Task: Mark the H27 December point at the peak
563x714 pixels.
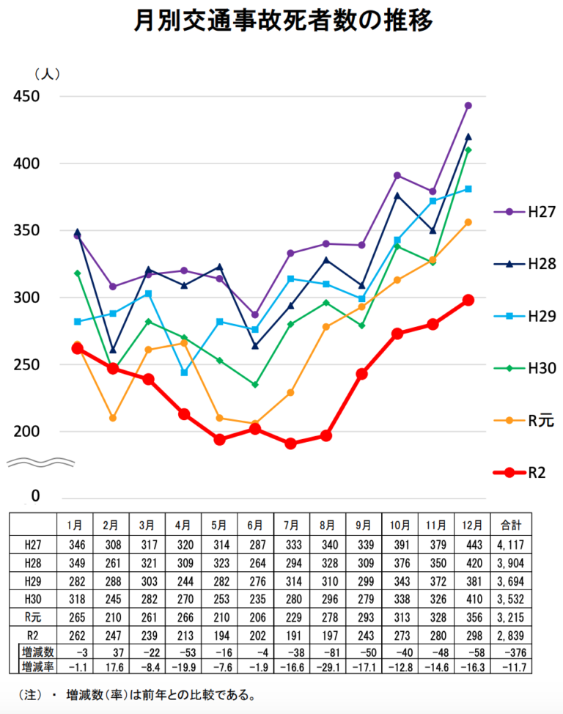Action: coord(468,106)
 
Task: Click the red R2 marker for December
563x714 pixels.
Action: coord(468,300)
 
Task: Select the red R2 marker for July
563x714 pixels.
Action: coord(291,444)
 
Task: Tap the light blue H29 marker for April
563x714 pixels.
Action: coord(184,372)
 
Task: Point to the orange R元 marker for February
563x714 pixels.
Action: coord(113,418)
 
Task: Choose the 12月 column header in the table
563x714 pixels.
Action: coord(472,525)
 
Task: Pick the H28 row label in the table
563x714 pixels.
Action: coord(32,563)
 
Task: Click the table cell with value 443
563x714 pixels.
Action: coord(472,544)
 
